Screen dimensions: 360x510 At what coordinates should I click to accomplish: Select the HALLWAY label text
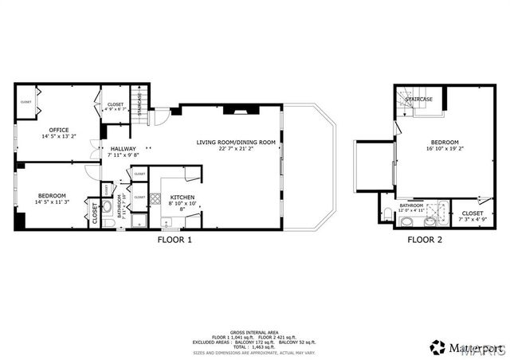click(x=123, y=148)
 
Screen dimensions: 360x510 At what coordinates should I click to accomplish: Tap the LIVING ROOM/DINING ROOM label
click(x=236, y=142)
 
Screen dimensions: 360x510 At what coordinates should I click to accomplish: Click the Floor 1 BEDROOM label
click(x=52, y=196)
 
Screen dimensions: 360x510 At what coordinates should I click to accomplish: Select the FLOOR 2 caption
click(x=425, y=239)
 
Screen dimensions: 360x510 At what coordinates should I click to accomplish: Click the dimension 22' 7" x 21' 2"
click(x=236, y=148)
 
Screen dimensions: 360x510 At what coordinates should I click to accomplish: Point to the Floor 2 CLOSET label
click(x=472, y=213)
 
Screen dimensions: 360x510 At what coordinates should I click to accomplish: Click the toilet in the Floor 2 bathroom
click(x=386, y=212)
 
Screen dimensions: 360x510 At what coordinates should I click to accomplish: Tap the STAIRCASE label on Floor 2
click(x=419, y=100)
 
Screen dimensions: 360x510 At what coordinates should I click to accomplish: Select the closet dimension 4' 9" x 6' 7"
click(x=116, y=110)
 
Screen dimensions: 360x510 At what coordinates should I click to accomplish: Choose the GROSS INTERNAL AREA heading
click(x=253, y=329)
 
